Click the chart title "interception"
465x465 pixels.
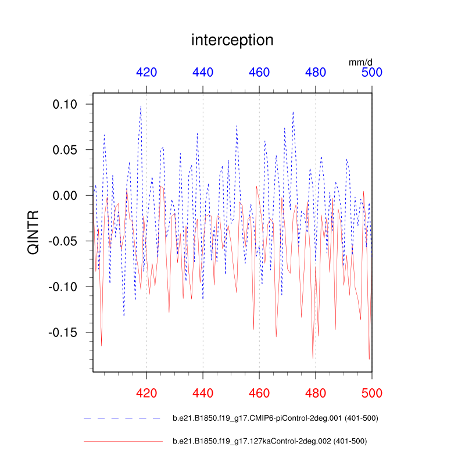point(232,40)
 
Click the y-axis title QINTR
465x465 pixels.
point(34,233)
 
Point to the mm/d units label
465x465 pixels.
point(360,61)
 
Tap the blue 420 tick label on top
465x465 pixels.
point(146,72)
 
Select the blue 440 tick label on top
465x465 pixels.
point(203,72)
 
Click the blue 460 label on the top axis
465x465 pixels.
point(259,72)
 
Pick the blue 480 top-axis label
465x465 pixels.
point(316,72)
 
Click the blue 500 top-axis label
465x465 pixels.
point(372,72)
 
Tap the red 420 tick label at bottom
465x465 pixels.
point(146,392)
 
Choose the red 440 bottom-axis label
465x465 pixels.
point(203,392)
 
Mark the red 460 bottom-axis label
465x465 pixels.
point(259,392)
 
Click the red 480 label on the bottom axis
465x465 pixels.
point(316,392)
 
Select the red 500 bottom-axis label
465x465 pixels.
point(372,392)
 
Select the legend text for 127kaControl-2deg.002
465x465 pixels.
point(270,441)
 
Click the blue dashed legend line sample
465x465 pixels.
point(122,419)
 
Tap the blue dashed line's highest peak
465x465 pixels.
point(141,106)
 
